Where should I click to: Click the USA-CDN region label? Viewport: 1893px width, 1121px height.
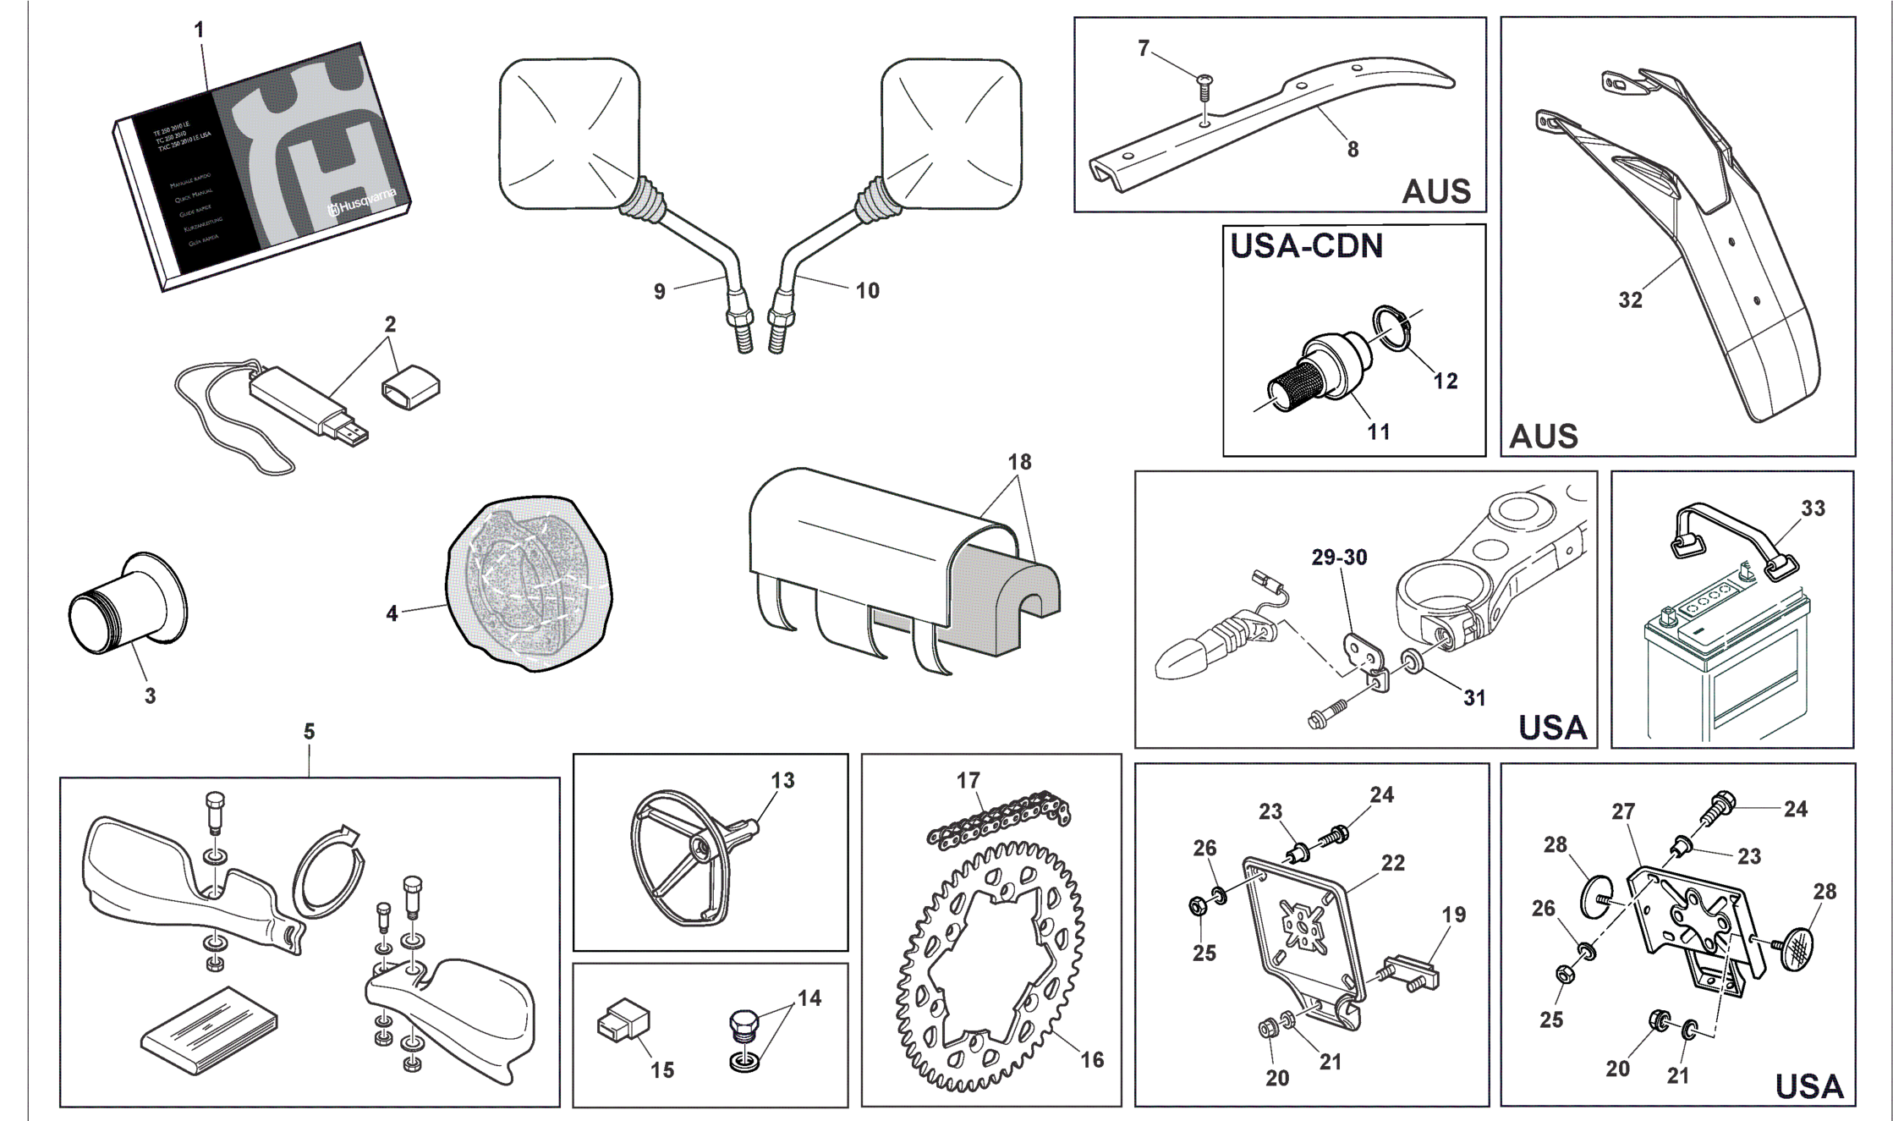tap(1306, 245)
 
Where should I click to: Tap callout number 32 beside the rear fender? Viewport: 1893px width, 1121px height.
tap(1630, 300)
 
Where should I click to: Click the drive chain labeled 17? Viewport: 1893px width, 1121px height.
tap(999, 819)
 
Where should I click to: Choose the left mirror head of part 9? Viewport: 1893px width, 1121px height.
tap(569, 134)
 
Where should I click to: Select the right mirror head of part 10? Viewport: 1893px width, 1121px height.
tap(952, 134)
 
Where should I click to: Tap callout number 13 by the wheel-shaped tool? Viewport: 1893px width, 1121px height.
tap(782, 780)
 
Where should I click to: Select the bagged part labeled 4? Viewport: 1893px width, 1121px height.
tap(529, 584)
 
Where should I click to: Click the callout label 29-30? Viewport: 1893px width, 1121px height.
tap(1339, 558)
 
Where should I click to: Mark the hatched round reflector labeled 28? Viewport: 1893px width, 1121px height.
tap(1795, 948)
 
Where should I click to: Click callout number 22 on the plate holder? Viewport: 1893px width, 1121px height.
tap(1392, 863)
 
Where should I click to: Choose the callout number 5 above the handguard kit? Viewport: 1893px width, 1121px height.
tap(310, 731)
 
